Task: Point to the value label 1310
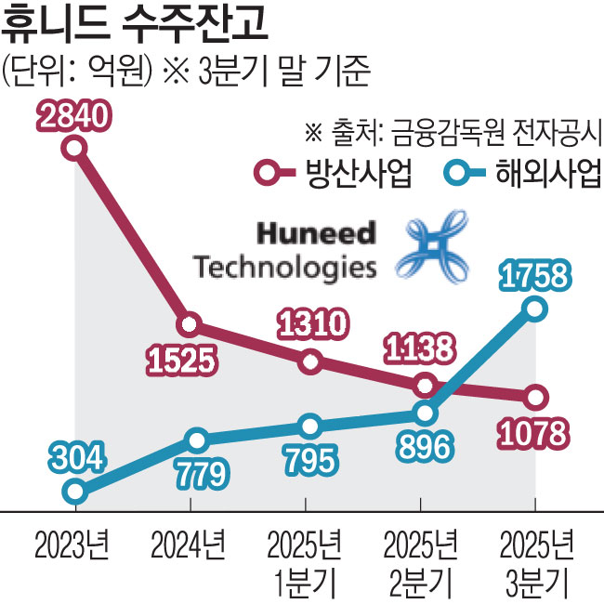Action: (312, 325)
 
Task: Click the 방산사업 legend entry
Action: (335, 174)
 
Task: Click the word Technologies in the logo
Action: (285, 267)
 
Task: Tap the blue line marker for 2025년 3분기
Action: (534, 309)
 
